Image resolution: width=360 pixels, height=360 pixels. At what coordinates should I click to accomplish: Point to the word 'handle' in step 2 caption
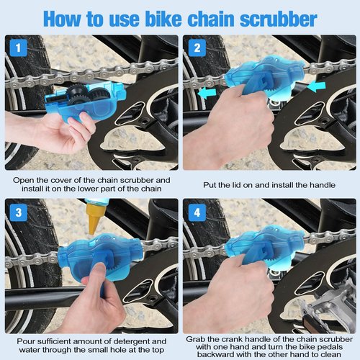tap(317, 185)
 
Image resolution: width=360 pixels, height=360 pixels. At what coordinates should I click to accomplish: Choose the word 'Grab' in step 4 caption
tap(197, 338)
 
